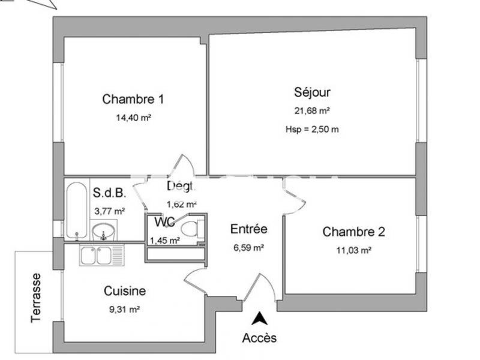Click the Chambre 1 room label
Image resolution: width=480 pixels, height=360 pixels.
pyautogui.click(x=133, y=99)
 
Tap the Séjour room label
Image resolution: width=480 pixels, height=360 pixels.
pyautogui.click(x=312, y=92)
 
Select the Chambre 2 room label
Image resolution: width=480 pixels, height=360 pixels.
pyautogui.click(x=353, y=232)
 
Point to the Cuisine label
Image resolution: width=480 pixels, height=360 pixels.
pyautogui.click(x=125, y=291)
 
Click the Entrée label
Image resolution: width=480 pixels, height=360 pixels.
pyautogui.click(x=248, y=229)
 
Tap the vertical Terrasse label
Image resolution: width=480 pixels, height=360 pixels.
pyautogui.click(x=37, y=298)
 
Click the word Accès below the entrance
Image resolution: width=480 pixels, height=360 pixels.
pyautogui.click(x=259, y=338)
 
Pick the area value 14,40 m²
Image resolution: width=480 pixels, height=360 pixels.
pyautogui.click(x=133, y=118)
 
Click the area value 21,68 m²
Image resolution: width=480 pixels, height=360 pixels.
pyautogui.click(x=312, y=110)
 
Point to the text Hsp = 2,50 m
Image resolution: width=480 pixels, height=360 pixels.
pyautogui.click(x=312, y=129)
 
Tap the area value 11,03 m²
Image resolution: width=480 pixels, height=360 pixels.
pyautogui.click(x=353, y=251)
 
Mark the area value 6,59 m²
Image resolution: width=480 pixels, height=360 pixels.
pyautogui.click(x=248, y=247)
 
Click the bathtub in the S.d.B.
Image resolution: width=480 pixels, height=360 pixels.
pyautogui.click(x=76, y=210)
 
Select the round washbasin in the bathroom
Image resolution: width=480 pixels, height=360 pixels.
pyautogui.click(x=104, y=231)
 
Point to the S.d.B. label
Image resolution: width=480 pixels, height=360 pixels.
pyautogui.click(x=109, y=193)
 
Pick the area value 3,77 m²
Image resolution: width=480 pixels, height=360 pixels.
pyautogui.click(x=109, y=211)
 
